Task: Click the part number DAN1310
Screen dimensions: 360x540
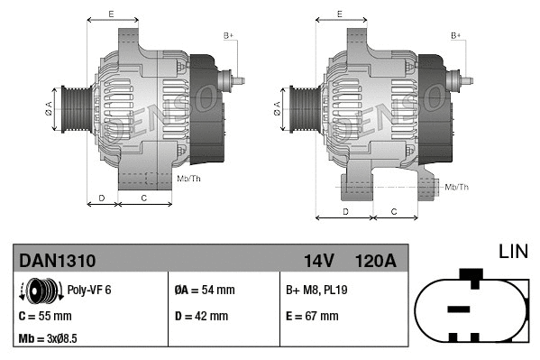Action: click(58, 261)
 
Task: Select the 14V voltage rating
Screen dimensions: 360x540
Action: click(318, 261)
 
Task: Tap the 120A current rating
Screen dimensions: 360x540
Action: click(376, 261)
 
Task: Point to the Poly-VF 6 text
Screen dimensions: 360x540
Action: click(89, 290)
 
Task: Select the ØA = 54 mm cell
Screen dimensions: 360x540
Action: click(204, 290)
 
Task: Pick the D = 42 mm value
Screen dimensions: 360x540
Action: click(200, 316)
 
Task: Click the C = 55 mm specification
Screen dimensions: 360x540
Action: click(46, 316)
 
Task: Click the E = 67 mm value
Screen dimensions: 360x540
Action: click(312, 316)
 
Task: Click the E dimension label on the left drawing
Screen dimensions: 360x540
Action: click(111, 14)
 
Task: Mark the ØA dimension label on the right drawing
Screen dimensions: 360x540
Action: click(277, 108)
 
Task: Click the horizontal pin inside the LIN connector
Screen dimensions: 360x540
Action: click(459, 309)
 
